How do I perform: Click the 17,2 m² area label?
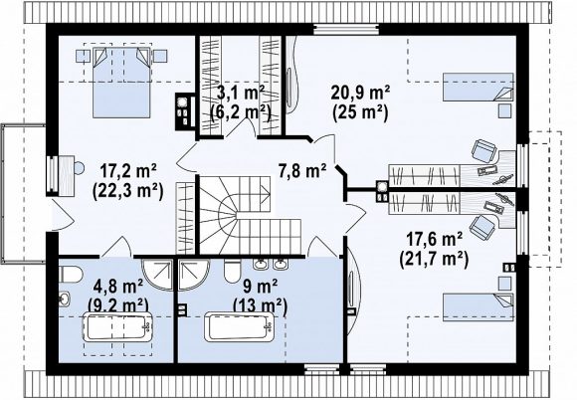[x=128, y=171]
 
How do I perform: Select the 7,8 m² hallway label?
[x=302, y=171]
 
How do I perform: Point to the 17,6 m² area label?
[x=434, y=240]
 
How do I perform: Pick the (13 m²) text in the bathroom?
[x=260, y=305]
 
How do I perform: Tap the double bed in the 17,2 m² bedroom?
[x=121, y=82]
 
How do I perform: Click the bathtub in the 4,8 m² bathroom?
[x=118, y=327]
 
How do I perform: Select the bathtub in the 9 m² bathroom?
[x=239, y=327]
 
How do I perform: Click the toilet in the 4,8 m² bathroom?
[x=71, y=275]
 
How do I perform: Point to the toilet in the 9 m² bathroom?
[x=232, y=272]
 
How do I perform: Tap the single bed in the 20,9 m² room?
[x=478, y=87]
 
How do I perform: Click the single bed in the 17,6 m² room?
[x=478, y=306]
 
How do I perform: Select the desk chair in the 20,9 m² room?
[x=483, y=151]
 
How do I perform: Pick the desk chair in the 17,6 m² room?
[x=483, y=226]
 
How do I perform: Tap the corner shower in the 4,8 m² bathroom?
[x=157, y=275]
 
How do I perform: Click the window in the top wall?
[x=346, y=30]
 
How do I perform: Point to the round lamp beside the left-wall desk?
[x=79, y=168]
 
